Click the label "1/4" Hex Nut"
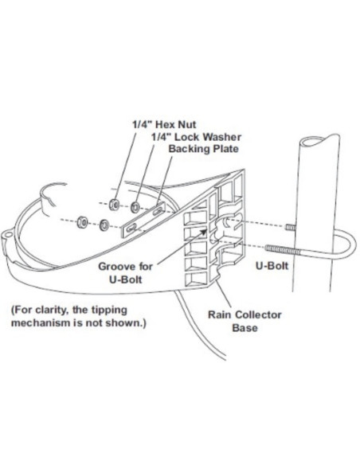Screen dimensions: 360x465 point(164,124)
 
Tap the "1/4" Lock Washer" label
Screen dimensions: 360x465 point(196,137)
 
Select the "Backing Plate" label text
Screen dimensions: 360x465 point(203,149)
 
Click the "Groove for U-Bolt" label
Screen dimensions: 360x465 point(125,272)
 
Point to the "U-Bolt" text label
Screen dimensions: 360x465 point(272,266)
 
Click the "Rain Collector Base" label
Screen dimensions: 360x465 point(245,321)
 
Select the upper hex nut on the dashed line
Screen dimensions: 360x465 point(114,205)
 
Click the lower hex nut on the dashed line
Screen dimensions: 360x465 point(81,222)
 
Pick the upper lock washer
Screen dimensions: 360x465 point(136,207)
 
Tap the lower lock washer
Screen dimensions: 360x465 point(104,225)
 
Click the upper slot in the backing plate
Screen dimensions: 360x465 point(157,211)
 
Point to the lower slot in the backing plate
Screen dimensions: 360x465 point(131,228)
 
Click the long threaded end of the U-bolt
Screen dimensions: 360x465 point(283,249)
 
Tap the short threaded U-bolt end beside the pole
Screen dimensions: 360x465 point(291,228)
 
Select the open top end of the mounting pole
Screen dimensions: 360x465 point(319,141)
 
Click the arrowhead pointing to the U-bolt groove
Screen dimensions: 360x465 point(203,232)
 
